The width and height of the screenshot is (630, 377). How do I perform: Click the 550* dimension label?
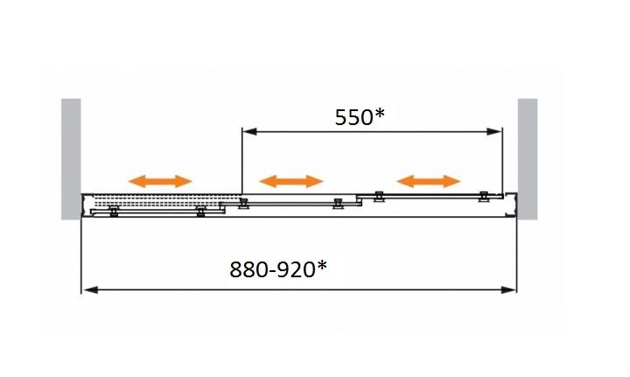point(360,117)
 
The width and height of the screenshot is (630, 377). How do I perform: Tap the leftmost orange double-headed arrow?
point(159,181)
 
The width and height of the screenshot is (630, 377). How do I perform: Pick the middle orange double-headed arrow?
point(292,181)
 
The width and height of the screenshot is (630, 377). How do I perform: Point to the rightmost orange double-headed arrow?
point(428,181)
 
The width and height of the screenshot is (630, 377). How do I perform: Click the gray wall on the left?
point(71,157)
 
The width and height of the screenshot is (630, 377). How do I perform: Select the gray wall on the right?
point(528,157)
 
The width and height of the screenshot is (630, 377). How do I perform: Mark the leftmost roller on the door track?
point(113,210)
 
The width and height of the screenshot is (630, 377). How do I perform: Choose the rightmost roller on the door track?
point(483,198)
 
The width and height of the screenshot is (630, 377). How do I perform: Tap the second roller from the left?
point(201,210)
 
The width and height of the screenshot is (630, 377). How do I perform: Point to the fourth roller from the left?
point(338,204)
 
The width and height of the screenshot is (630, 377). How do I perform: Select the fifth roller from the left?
point(379,197)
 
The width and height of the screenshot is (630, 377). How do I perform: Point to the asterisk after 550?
point(379,113)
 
